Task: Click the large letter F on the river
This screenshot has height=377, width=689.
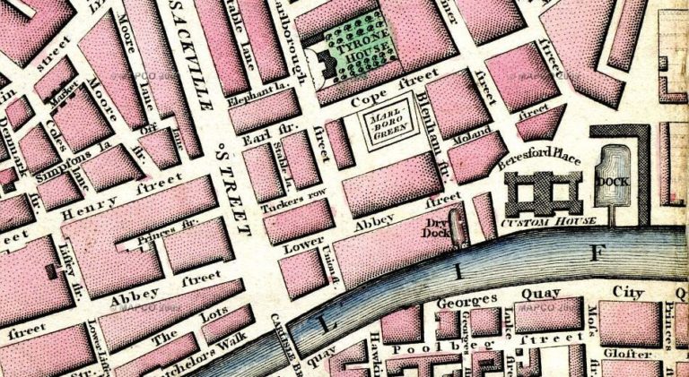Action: point(593,253)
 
